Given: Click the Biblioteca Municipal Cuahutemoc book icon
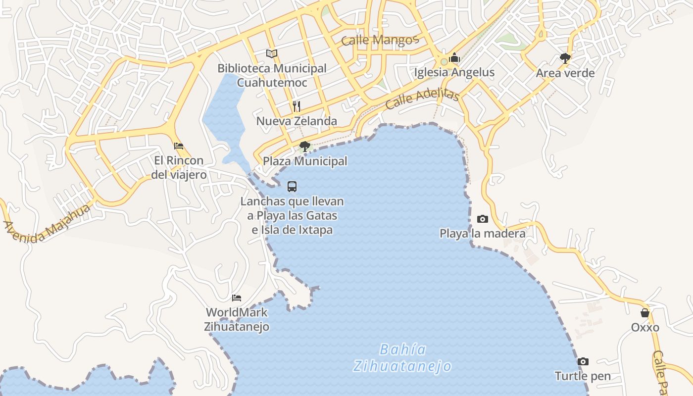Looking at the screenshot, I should pyautogui.click(x=271, y=53).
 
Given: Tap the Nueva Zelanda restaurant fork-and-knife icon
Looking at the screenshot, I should pyautogui.click(x=297, y=106).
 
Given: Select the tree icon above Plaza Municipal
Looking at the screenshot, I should pyautogui.click(x=305, y=146).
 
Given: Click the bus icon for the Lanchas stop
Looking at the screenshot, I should pyautogui.click(x=292, y=187).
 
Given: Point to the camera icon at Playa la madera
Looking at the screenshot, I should pyautogui.click(x=482, y=219).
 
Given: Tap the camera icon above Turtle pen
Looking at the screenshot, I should pyautogui.click(x=583, y=361).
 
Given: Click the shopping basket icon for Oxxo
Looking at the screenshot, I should pyautogui.click(x=644, y=313).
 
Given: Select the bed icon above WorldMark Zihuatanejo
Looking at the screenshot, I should pyautogui.click(x=237, y=297).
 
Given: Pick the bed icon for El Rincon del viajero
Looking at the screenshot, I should pyautogui.click(x=179, y=146).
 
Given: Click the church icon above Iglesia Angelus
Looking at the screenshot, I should pyautogui.click(x=454, y=58).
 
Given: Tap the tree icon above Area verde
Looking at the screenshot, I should pyautogui.click(x=565, y=58).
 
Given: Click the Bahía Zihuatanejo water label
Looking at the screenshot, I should pyautogui.click(x=402, y=358).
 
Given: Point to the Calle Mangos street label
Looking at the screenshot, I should pyautogui.click(x=380, y=40).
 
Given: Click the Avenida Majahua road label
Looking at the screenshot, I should pyautogui.click(x=48, y=223).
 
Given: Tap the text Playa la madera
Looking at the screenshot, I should pyautogui.click(x=482, y=233).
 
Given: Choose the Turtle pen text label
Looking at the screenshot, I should pyautogui.click(x=583, y=376).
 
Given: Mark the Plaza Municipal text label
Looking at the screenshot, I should pyautogui.click(x=305, y=161).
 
